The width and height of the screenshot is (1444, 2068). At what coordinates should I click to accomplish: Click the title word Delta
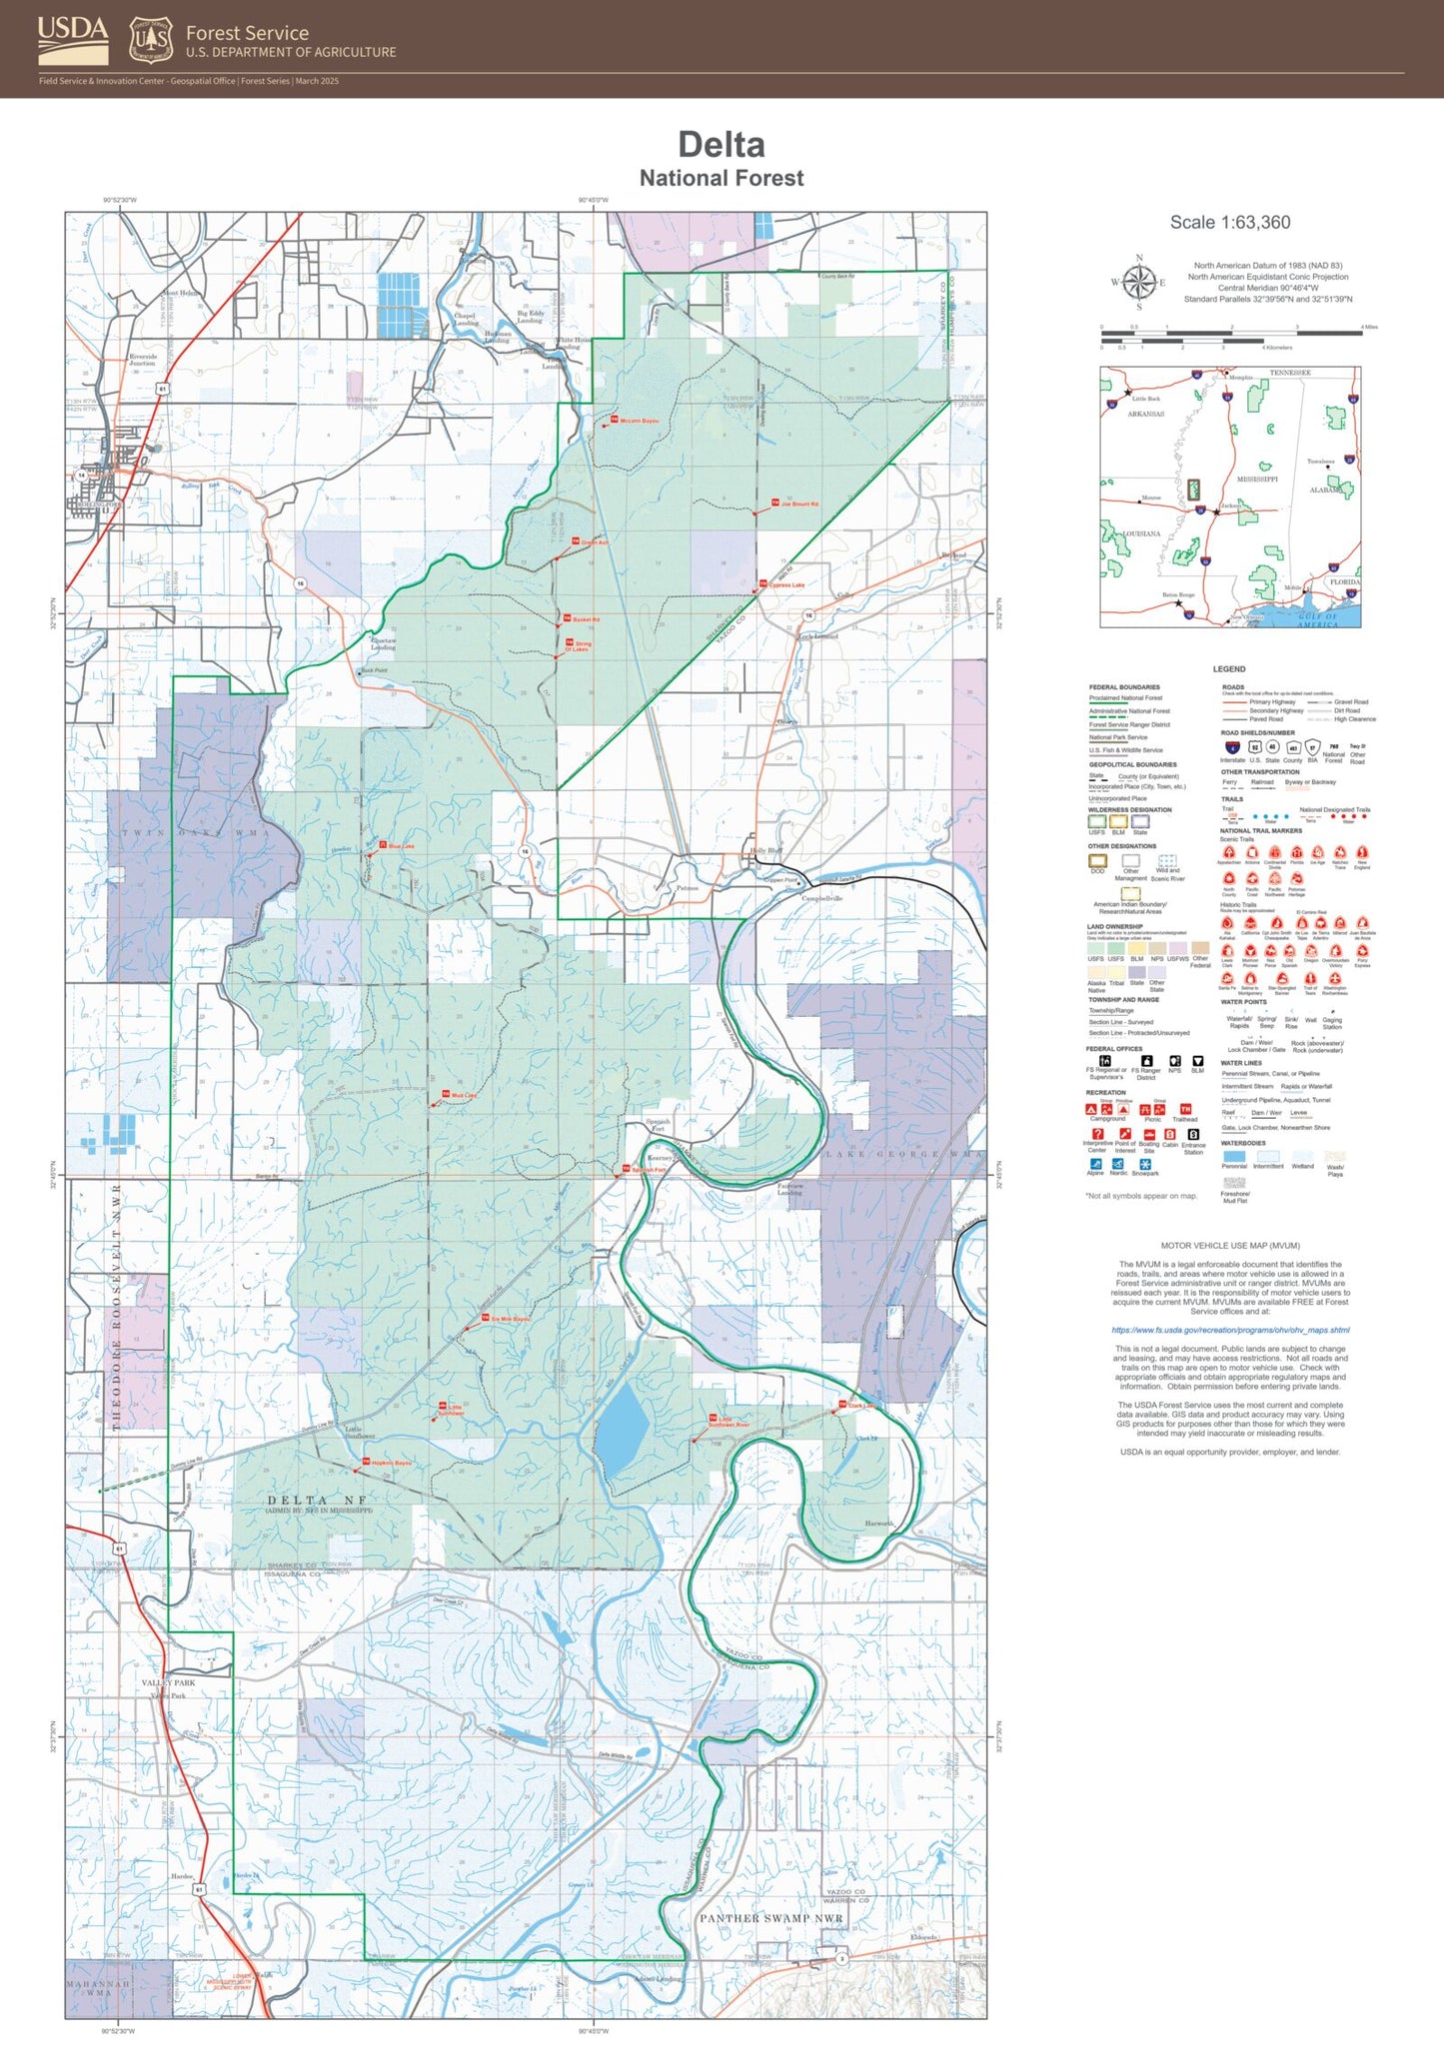(x=721, y=145)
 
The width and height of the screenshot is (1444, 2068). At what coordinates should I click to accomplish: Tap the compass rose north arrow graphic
(x=1138, y=281)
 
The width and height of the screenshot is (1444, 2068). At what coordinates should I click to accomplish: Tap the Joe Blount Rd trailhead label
(x=799, y=505)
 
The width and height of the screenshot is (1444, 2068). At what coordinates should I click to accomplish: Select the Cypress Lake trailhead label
(x=785, y=585)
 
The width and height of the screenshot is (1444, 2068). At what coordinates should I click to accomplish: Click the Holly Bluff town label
(x=766, y=851)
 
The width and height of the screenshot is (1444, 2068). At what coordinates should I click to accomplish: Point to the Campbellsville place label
(x=822, y=898)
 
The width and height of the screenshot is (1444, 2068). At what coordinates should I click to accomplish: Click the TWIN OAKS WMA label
(x=196, y=832)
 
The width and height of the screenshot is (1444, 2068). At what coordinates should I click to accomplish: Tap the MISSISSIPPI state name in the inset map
(x=1257, y=480)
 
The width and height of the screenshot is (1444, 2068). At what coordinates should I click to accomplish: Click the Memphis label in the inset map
(x=1240, y=378)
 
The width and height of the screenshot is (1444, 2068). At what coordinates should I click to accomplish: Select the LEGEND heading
(x=1229, y=668)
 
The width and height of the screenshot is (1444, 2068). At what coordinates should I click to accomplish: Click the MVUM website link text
(x=1230, y=1330)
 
